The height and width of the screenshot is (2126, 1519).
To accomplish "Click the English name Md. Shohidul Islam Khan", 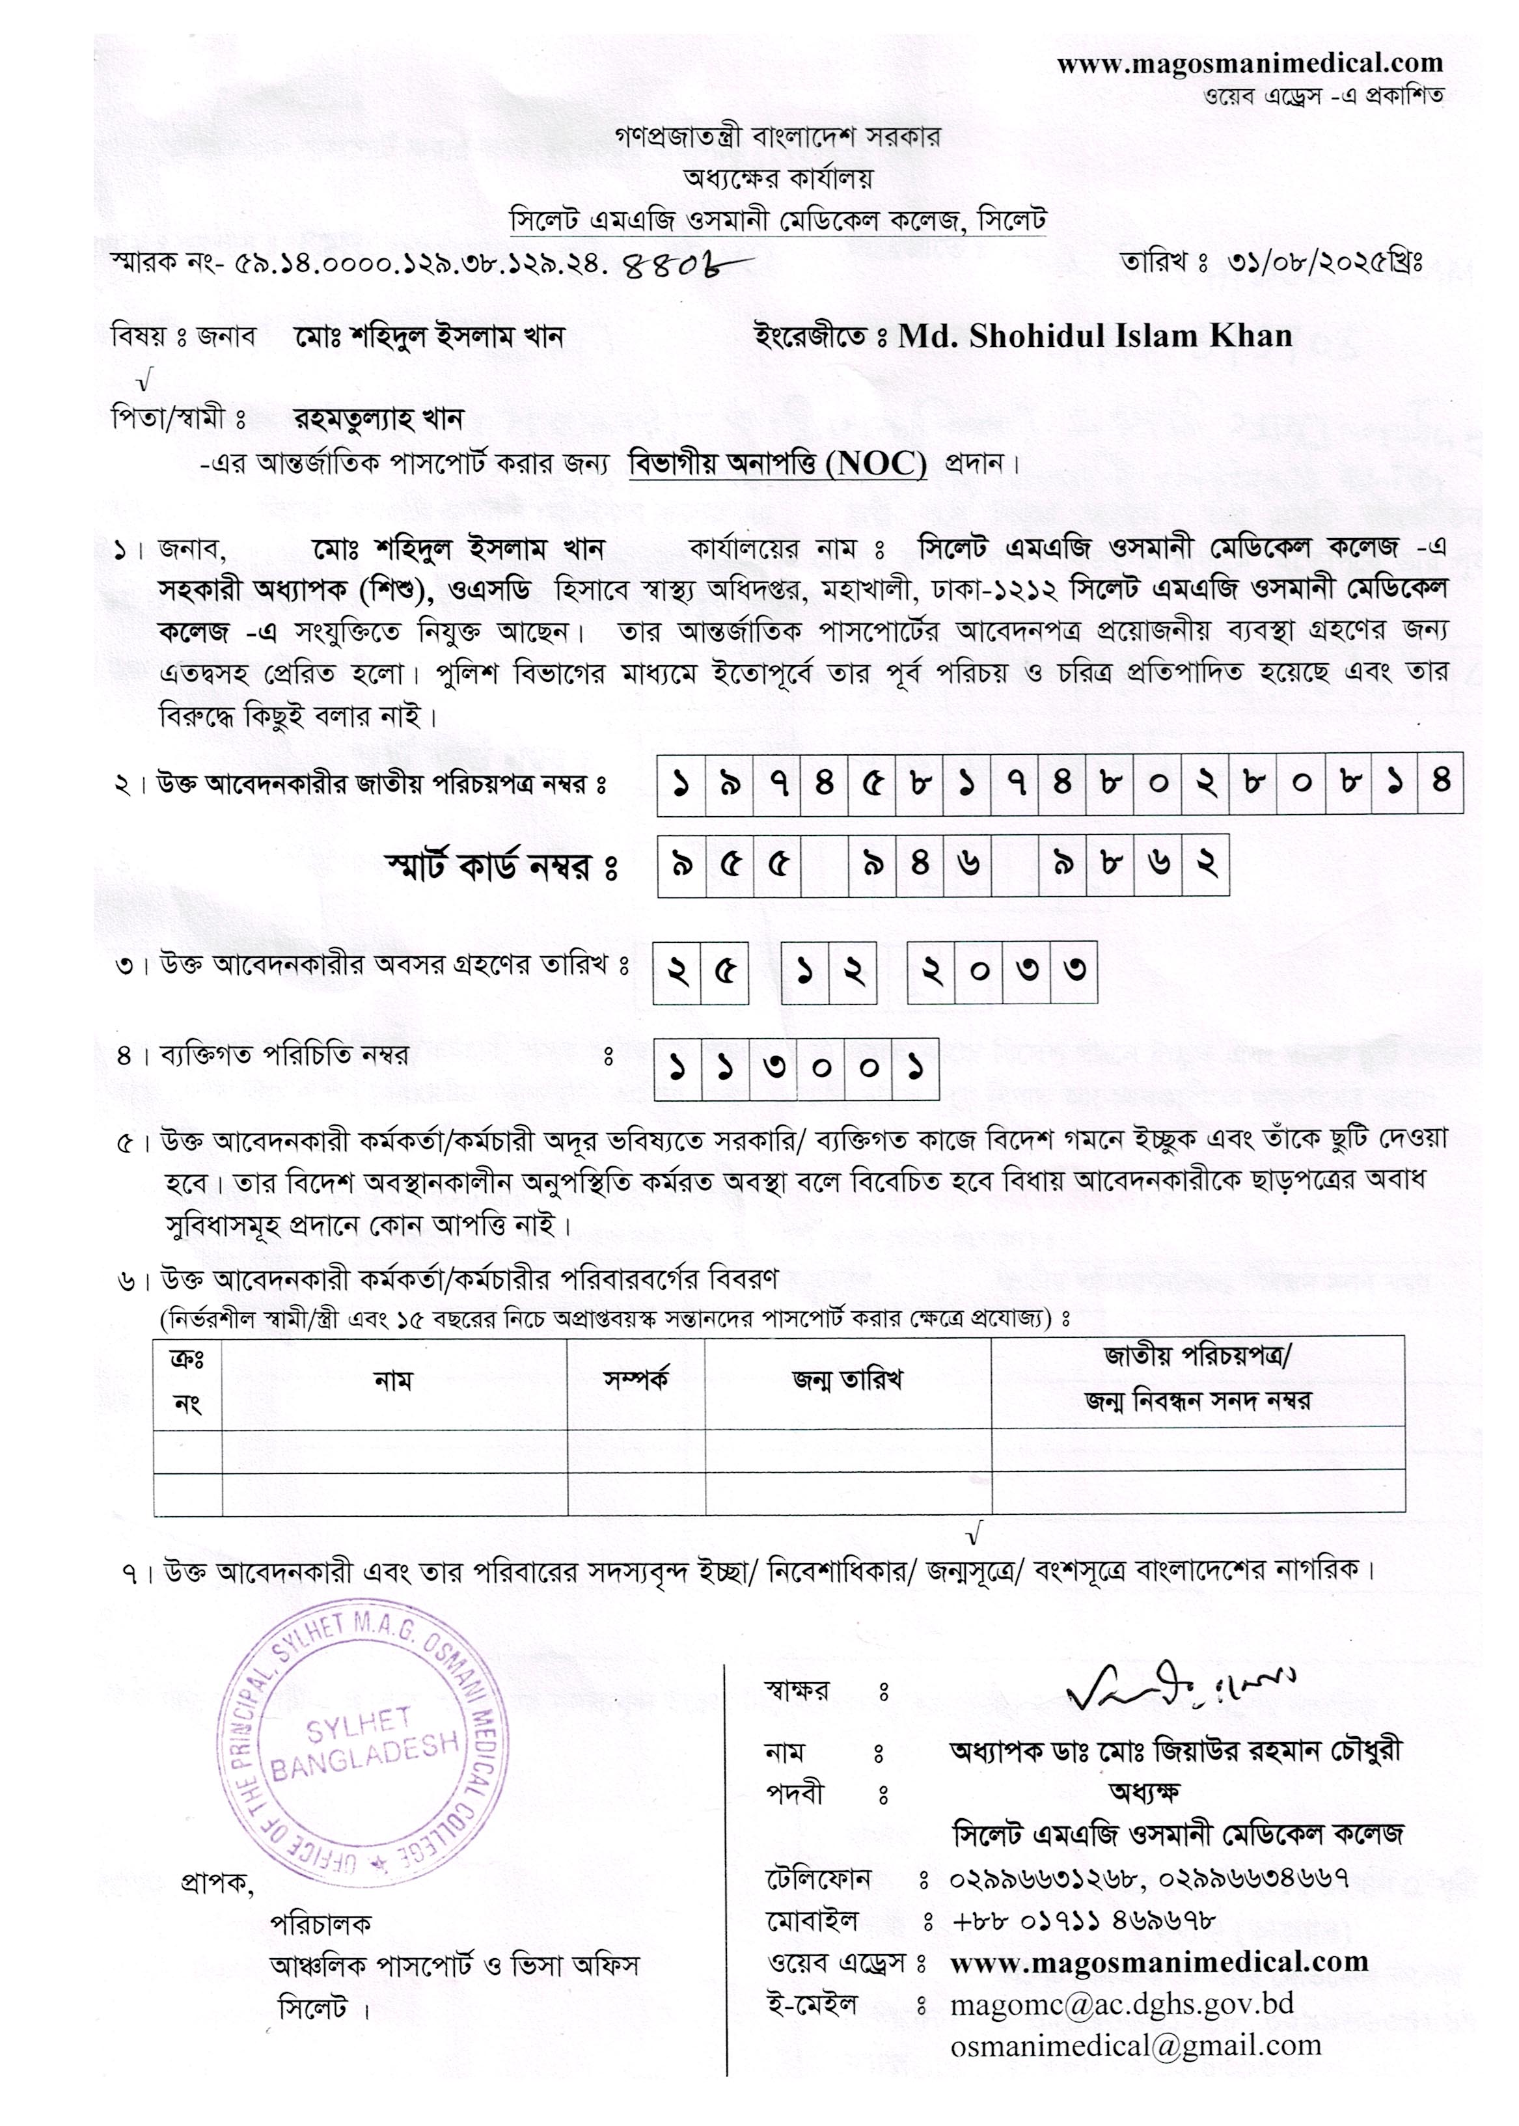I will click(1095, 336).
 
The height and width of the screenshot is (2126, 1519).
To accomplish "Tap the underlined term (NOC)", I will click(877, 464).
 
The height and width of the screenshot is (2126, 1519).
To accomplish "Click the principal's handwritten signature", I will click(1181, 1686).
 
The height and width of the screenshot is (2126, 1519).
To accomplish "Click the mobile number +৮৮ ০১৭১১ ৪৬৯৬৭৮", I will click(1083, 1920).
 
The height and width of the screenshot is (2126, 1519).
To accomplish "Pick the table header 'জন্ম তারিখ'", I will click(847, 1380).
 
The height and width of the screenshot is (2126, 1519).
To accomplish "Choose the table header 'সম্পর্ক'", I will click(636, 1380).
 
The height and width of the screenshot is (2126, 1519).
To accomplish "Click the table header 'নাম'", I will click(393, 1380).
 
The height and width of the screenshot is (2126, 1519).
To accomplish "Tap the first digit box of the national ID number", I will click(680, 784).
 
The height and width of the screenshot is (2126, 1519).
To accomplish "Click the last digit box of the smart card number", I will click(1206, 865).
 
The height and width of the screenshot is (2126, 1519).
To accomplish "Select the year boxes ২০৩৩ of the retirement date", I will click(1002, 973).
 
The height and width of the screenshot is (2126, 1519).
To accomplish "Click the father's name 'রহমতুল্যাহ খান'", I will click(379, 419).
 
